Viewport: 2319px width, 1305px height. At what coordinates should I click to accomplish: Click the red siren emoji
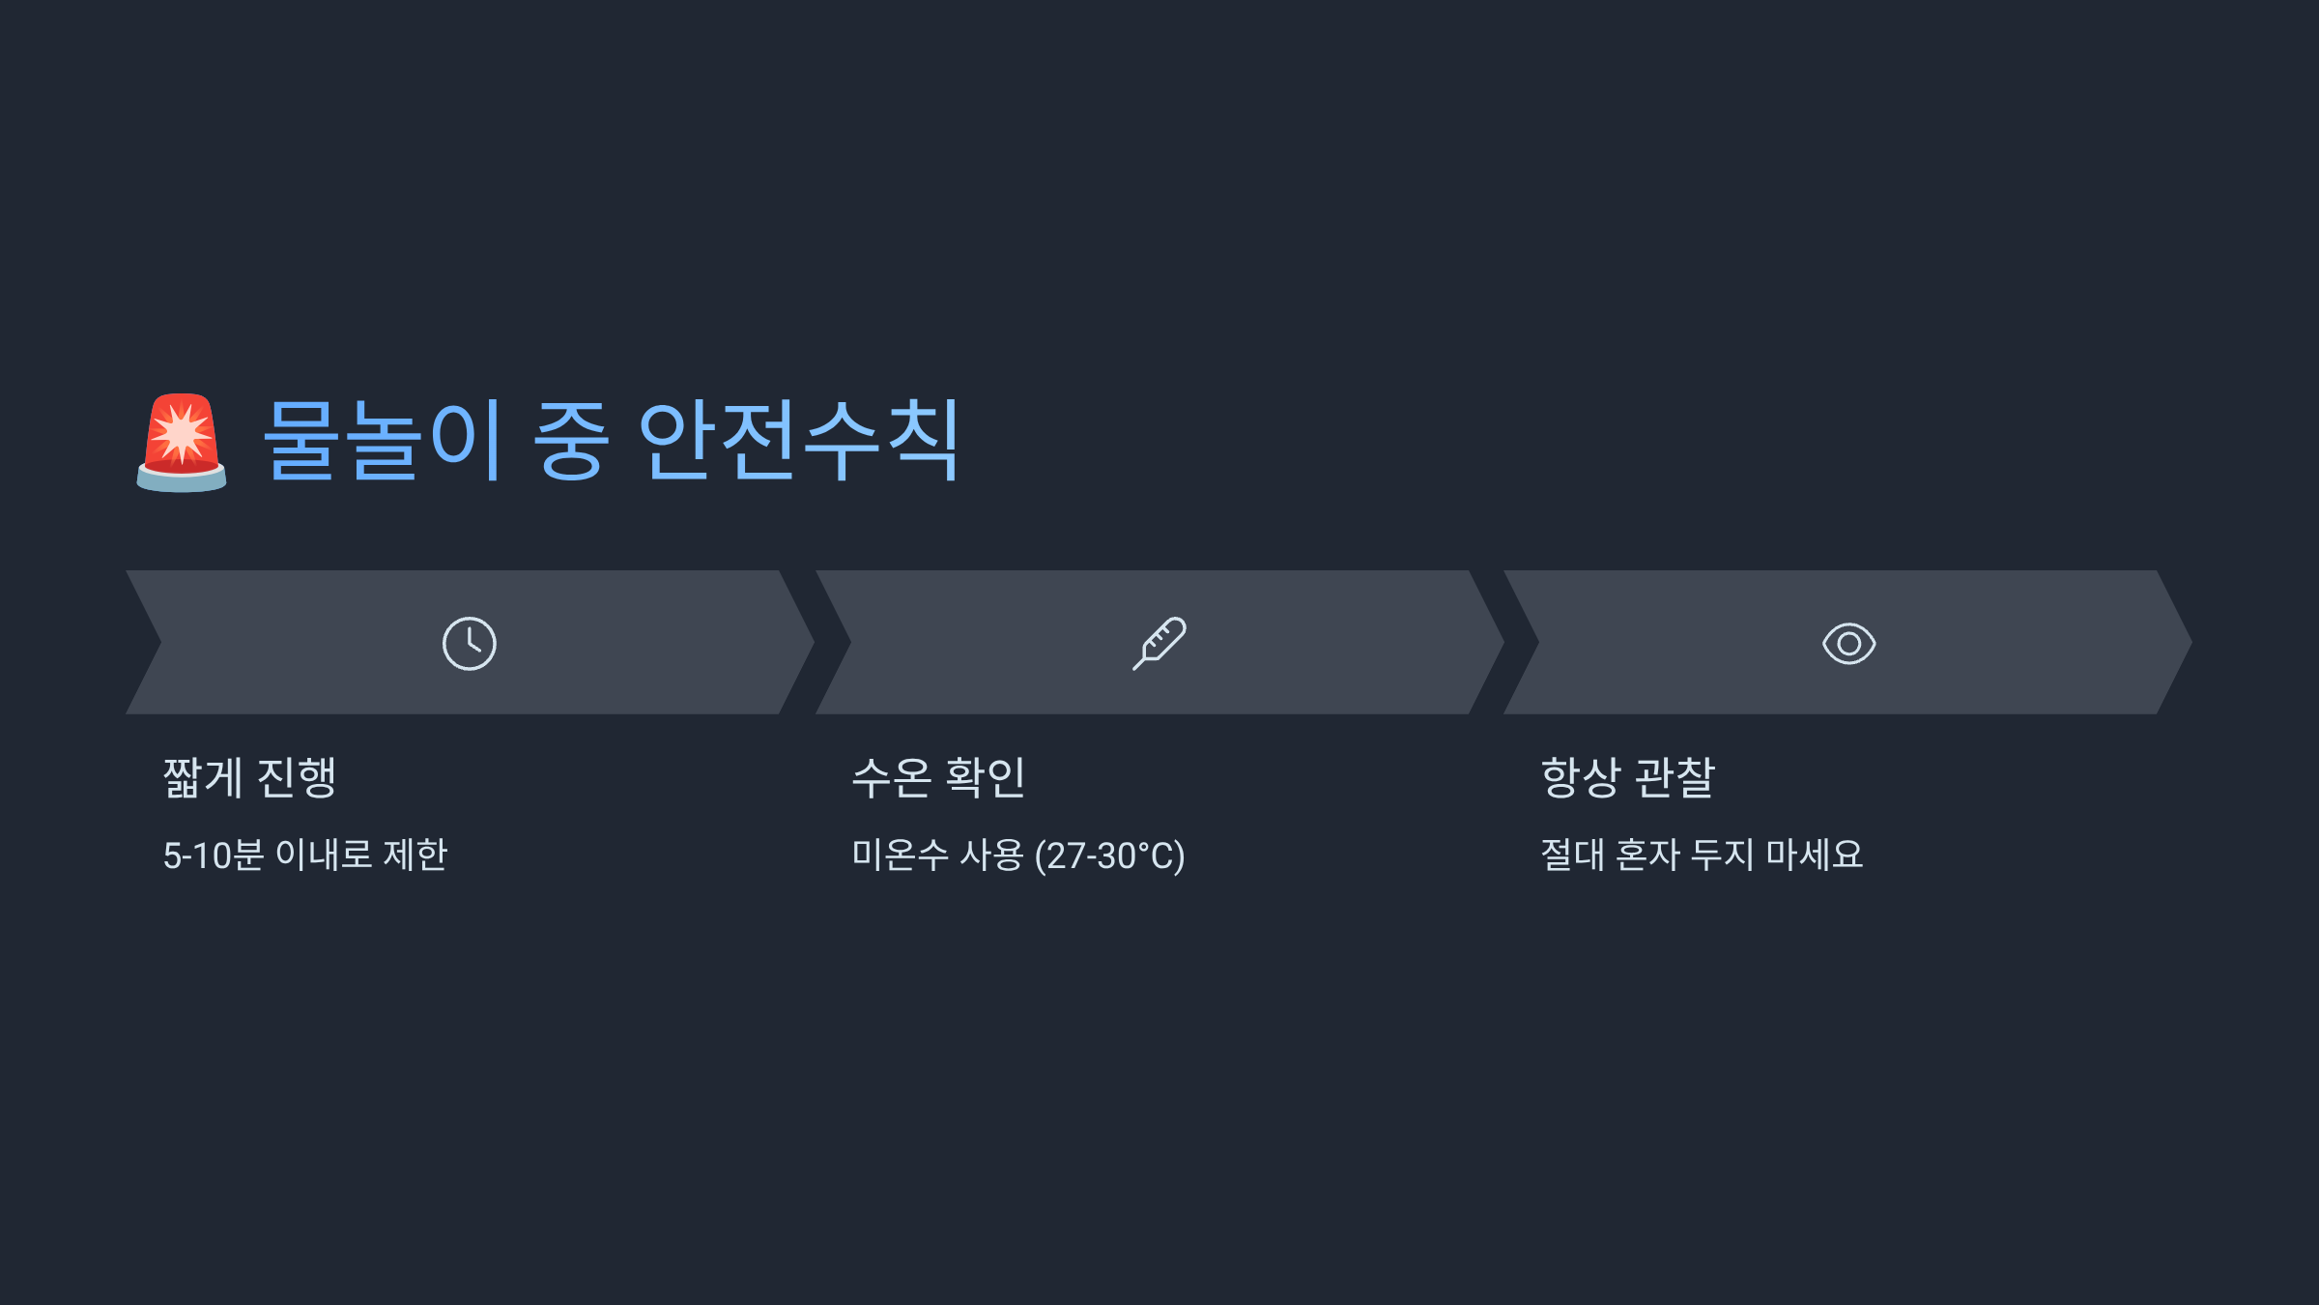pos(182,443)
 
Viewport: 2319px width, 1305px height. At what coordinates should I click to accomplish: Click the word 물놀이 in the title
pos(384,441)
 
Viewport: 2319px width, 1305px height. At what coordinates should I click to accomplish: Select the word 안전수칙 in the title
pos(799,441)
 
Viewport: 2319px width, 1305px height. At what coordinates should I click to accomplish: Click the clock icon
pos(470,644)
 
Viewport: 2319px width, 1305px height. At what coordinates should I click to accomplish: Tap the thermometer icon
pos(1159,644)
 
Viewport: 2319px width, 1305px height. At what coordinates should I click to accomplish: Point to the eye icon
pos(1848,644)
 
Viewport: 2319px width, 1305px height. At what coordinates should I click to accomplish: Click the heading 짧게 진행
pos(249,778)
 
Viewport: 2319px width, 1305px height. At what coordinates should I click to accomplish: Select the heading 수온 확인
pos(938,778)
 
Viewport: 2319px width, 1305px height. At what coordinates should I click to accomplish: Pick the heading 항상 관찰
pos(1627,778)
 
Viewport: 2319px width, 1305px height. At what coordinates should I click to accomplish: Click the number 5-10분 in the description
pos(214,855)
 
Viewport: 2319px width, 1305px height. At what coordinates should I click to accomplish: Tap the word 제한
pos(415,855)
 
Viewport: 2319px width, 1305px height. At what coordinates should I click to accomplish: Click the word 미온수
pos(900,855)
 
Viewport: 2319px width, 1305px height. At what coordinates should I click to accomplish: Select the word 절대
pos(1572,855)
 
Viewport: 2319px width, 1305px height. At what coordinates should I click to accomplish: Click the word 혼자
pos(1647,855)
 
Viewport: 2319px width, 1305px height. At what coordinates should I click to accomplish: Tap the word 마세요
pos(1814,855)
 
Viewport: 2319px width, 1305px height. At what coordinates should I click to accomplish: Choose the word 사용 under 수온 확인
pos(991,855)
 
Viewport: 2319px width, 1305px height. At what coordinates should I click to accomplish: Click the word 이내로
pos(324,855)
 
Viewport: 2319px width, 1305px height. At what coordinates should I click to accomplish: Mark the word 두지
pos(1723,855)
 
